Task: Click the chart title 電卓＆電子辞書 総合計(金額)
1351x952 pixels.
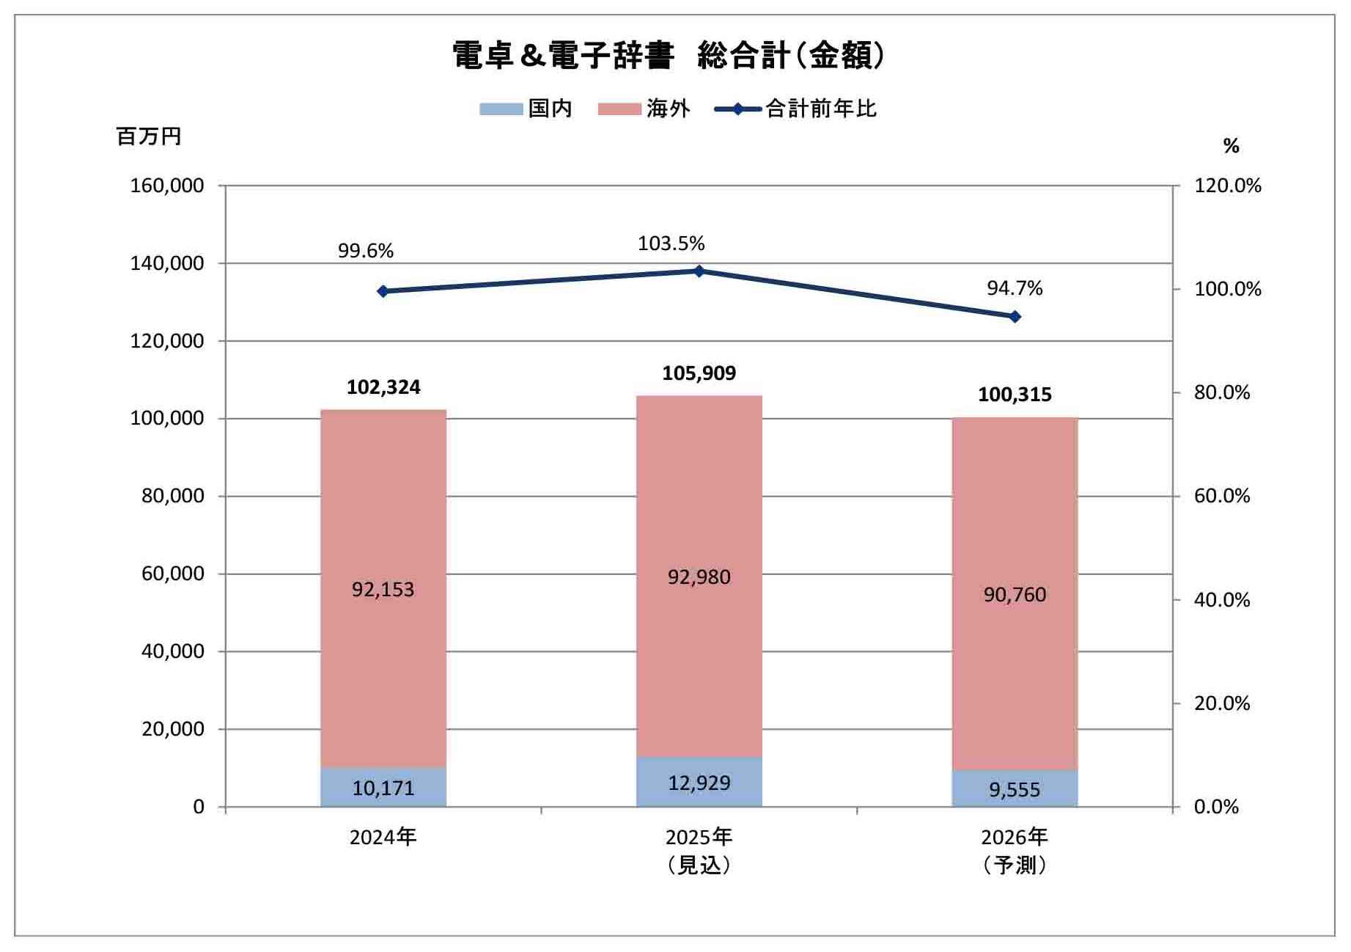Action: coord(669,56)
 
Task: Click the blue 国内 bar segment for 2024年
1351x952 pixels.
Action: coord(383,787)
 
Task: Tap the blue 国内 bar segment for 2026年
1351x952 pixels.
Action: coord(1015,788)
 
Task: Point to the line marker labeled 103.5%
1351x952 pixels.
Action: coord(699,271)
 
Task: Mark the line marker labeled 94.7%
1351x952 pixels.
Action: coord(1015,317)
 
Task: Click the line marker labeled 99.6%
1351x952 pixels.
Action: coord(383,291)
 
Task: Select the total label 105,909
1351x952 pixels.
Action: coord(699,373)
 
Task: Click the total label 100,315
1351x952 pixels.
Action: coord(1015,395)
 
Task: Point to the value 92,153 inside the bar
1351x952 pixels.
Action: coord(383,590)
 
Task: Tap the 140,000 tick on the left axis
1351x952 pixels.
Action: coord(167,263)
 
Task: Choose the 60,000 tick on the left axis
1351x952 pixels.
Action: coord(172,574)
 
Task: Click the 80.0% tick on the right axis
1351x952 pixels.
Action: coord(1222,393)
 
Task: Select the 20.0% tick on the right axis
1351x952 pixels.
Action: coord(1222,703)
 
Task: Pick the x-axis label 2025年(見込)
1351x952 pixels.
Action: coord(699,851)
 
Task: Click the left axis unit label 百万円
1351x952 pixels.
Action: coord(149,137)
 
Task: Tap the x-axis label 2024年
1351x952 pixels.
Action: coord(383,837)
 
